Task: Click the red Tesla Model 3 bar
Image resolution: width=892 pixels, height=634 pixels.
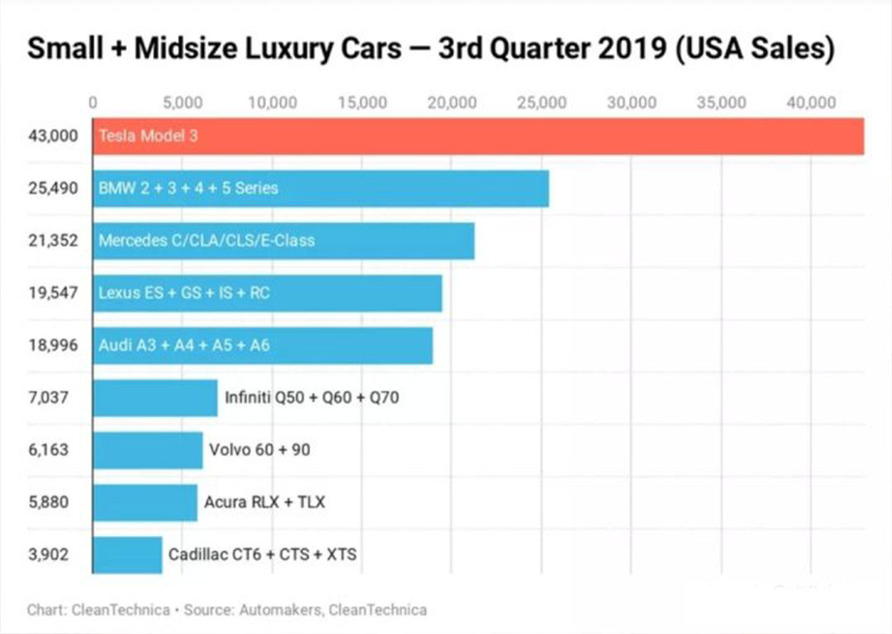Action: (479, 136)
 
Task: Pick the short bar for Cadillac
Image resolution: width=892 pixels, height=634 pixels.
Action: (127, 555)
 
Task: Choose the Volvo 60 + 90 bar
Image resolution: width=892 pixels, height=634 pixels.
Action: (148, 450)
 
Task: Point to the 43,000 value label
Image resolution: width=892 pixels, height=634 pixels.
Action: (52, 136)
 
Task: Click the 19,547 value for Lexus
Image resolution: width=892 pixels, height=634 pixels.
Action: (52, 293)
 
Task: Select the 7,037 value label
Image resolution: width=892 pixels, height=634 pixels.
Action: (48, 398)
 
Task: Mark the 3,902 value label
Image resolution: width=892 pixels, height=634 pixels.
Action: (48, 555)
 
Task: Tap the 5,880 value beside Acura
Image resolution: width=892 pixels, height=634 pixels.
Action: (48, 502)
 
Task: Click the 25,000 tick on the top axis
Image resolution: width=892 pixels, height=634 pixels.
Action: (541, 102)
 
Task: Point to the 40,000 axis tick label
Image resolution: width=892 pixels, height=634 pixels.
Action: (810, 102)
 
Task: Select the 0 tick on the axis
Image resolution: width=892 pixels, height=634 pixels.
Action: (93, 102)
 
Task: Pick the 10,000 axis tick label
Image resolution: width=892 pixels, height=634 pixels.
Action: (272, 102)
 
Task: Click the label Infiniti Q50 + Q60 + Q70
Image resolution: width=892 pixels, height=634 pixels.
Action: (312, 398)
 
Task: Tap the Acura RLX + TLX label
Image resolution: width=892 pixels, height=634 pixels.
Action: (264, 502)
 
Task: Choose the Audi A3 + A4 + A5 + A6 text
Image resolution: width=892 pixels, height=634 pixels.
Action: (183, 345)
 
